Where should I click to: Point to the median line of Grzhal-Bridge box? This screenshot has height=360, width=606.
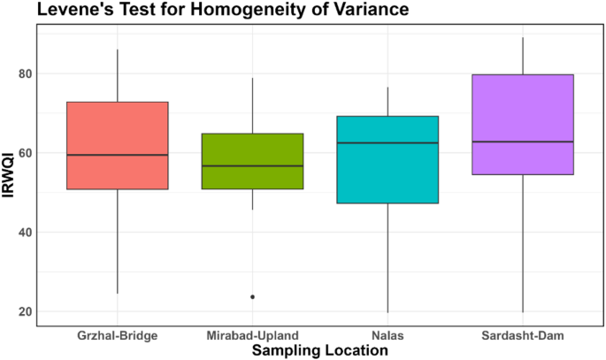[118, 155]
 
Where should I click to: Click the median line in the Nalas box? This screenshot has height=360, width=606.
[387, 142]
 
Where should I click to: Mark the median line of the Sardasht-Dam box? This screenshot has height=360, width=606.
[522, 142]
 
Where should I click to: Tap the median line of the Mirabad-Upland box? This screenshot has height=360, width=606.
[252, 165]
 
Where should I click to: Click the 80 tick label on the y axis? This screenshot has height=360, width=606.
[27, 73]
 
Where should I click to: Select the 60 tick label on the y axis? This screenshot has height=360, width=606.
[27, 153]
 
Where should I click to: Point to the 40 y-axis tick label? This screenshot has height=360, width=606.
[27, 233]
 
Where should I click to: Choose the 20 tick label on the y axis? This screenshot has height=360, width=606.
[27, 312]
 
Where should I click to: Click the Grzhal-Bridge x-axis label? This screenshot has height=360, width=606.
[118, 335]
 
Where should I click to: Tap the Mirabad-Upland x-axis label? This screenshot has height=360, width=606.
[252, 335]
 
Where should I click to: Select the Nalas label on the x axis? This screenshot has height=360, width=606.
[387, 335]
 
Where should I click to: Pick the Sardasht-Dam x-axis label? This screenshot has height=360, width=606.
[522, 335]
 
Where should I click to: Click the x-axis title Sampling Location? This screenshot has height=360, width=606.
[319, 350]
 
